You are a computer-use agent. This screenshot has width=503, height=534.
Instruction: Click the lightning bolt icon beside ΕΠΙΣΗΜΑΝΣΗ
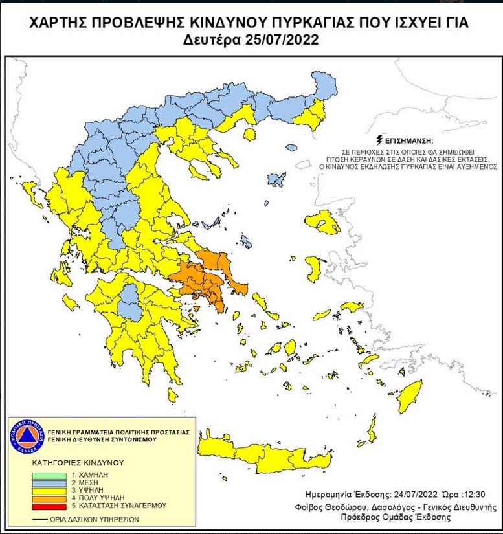tap(379, 140)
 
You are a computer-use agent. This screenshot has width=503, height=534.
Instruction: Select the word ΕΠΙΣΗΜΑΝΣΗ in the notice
tap(408, 140)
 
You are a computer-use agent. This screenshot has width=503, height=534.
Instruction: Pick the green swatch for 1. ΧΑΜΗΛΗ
tap(48, 476)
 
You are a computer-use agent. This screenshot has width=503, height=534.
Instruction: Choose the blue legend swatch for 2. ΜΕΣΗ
tap(48, 484)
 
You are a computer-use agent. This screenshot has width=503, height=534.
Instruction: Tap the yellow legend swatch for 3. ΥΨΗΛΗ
tap(48, 491)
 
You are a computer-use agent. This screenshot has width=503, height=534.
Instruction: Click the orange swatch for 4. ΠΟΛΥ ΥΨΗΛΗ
tap(48, 498)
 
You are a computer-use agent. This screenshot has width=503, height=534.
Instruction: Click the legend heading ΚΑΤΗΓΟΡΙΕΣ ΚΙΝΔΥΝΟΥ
tap(77, 463)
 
